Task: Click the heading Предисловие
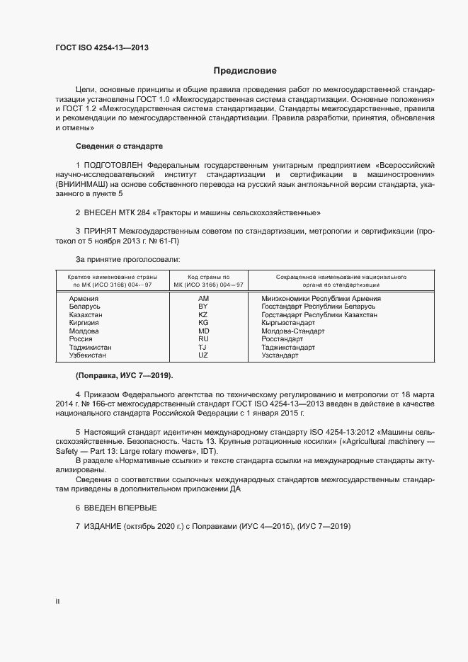pyautogui.click(x=245, y=71)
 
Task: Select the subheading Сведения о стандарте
pyautogui.click(x=119, y=146)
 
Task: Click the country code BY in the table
pyautogui.click(x=203, y=307)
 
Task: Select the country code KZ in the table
pyautogui.click(x=203, y=314)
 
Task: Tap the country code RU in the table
pyautogui.click(x=203, y=339)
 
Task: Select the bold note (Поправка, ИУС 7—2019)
pyautogui.click(x=124, y=375)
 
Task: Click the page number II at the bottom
pyautogui.click(x=58, y=602)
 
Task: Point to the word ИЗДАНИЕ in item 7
pyautogui.click(x=103, y=527)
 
